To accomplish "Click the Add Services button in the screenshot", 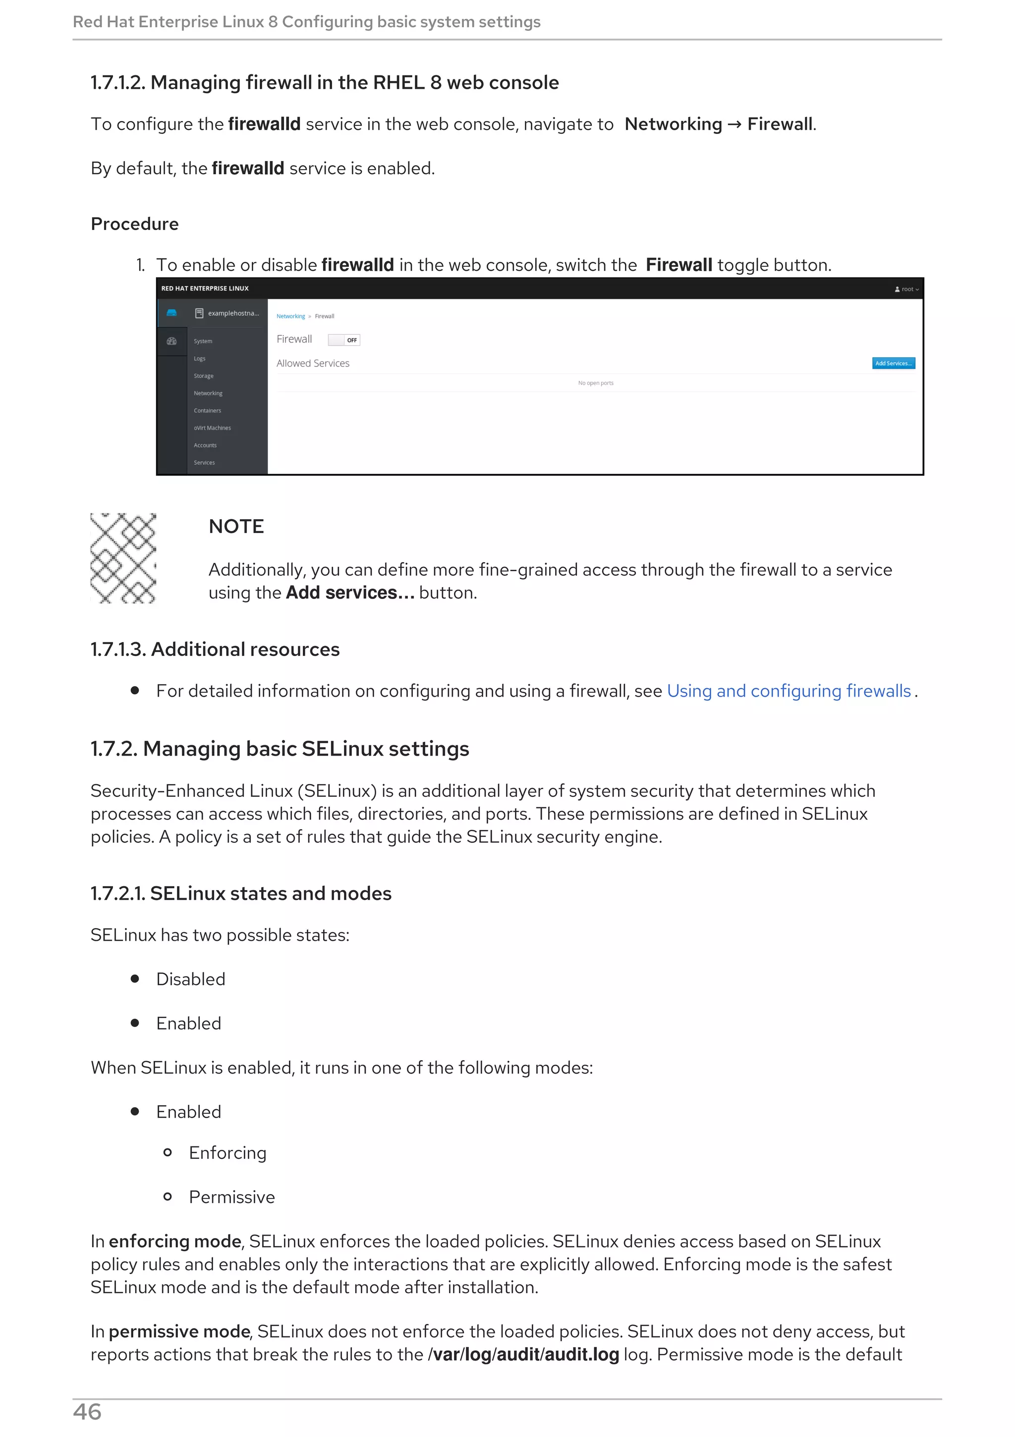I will coord(893,363).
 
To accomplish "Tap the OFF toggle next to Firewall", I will coord(344,340).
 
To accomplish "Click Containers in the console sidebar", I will coord(207,411).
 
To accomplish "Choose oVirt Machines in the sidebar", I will coord(212,428).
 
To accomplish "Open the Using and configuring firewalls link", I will coord(789,691).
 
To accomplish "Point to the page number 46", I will coord(87,1412).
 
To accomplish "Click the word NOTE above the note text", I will coord(236,527).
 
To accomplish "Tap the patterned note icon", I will coord(123,558).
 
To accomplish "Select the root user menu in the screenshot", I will coord(907,289).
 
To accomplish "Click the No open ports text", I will coord(595,383).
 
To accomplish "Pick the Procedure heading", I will coord(134,224).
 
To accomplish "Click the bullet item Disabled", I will coord(191,979).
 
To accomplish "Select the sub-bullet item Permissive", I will coord(232,1197).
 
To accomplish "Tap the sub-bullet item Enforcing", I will coord(227,1153).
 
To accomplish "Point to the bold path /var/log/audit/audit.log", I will coord(523,1355).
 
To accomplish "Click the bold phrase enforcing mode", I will coord(175,1242).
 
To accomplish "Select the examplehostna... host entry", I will coord(232,313).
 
